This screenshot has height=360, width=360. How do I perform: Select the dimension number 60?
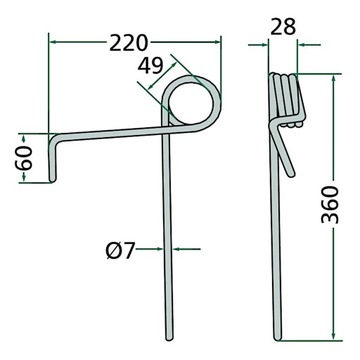[x=26, y=157]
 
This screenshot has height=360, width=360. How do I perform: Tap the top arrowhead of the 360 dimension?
[x=330, y=76]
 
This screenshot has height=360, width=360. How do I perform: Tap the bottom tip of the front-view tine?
[x=165, y=337]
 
